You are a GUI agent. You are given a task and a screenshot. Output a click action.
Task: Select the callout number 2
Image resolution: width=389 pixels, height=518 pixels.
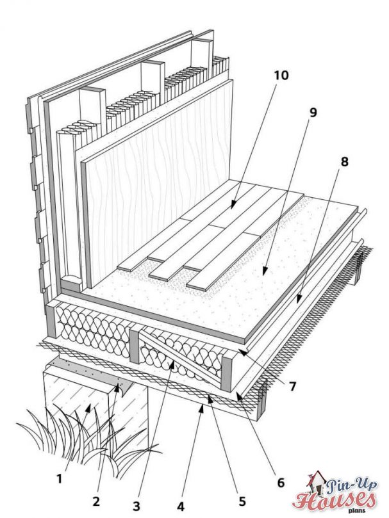(96, 498)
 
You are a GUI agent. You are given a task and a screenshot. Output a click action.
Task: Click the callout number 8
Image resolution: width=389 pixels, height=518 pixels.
(345, 162)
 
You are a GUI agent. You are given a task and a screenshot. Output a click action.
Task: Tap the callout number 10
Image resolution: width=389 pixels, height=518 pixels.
(280, 75)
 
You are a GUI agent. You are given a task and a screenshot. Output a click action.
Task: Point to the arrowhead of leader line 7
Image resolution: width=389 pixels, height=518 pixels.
(239, 350)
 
